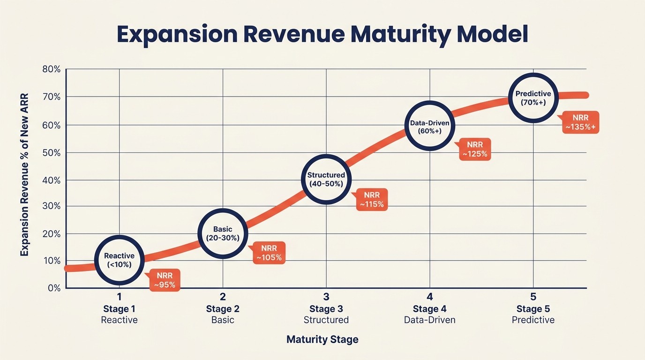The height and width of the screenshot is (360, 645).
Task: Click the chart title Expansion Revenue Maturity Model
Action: coord(322,35)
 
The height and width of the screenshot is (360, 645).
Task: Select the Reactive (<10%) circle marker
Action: coord(119,260)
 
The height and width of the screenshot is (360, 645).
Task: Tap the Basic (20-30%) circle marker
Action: coord(223,233)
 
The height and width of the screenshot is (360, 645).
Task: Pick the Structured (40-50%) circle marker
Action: coord(326,180)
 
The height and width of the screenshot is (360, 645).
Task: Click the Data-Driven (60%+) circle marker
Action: coord(429,126)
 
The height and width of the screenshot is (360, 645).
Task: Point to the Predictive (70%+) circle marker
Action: coord(533,98)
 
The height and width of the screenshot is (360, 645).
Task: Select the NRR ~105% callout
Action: coord(269,253)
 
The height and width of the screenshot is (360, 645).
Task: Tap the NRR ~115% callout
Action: coord(372,200)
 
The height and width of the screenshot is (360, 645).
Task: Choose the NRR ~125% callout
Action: coord(475,150)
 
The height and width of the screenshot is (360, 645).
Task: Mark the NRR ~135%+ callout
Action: coord(581,122)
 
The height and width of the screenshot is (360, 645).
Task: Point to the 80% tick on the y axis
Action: coord(52,69)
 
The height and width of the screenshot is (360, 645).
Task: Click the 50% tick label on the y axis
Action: coord(52,153)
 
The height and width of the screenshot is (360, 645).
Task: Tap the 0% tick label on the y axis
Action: coord(54,288)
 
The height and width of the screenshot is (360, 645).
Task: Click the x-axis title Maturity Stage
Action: coord(322,339)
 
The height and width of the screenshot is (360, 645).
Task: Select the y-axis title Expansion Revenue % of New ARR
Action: coord(24,174)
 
